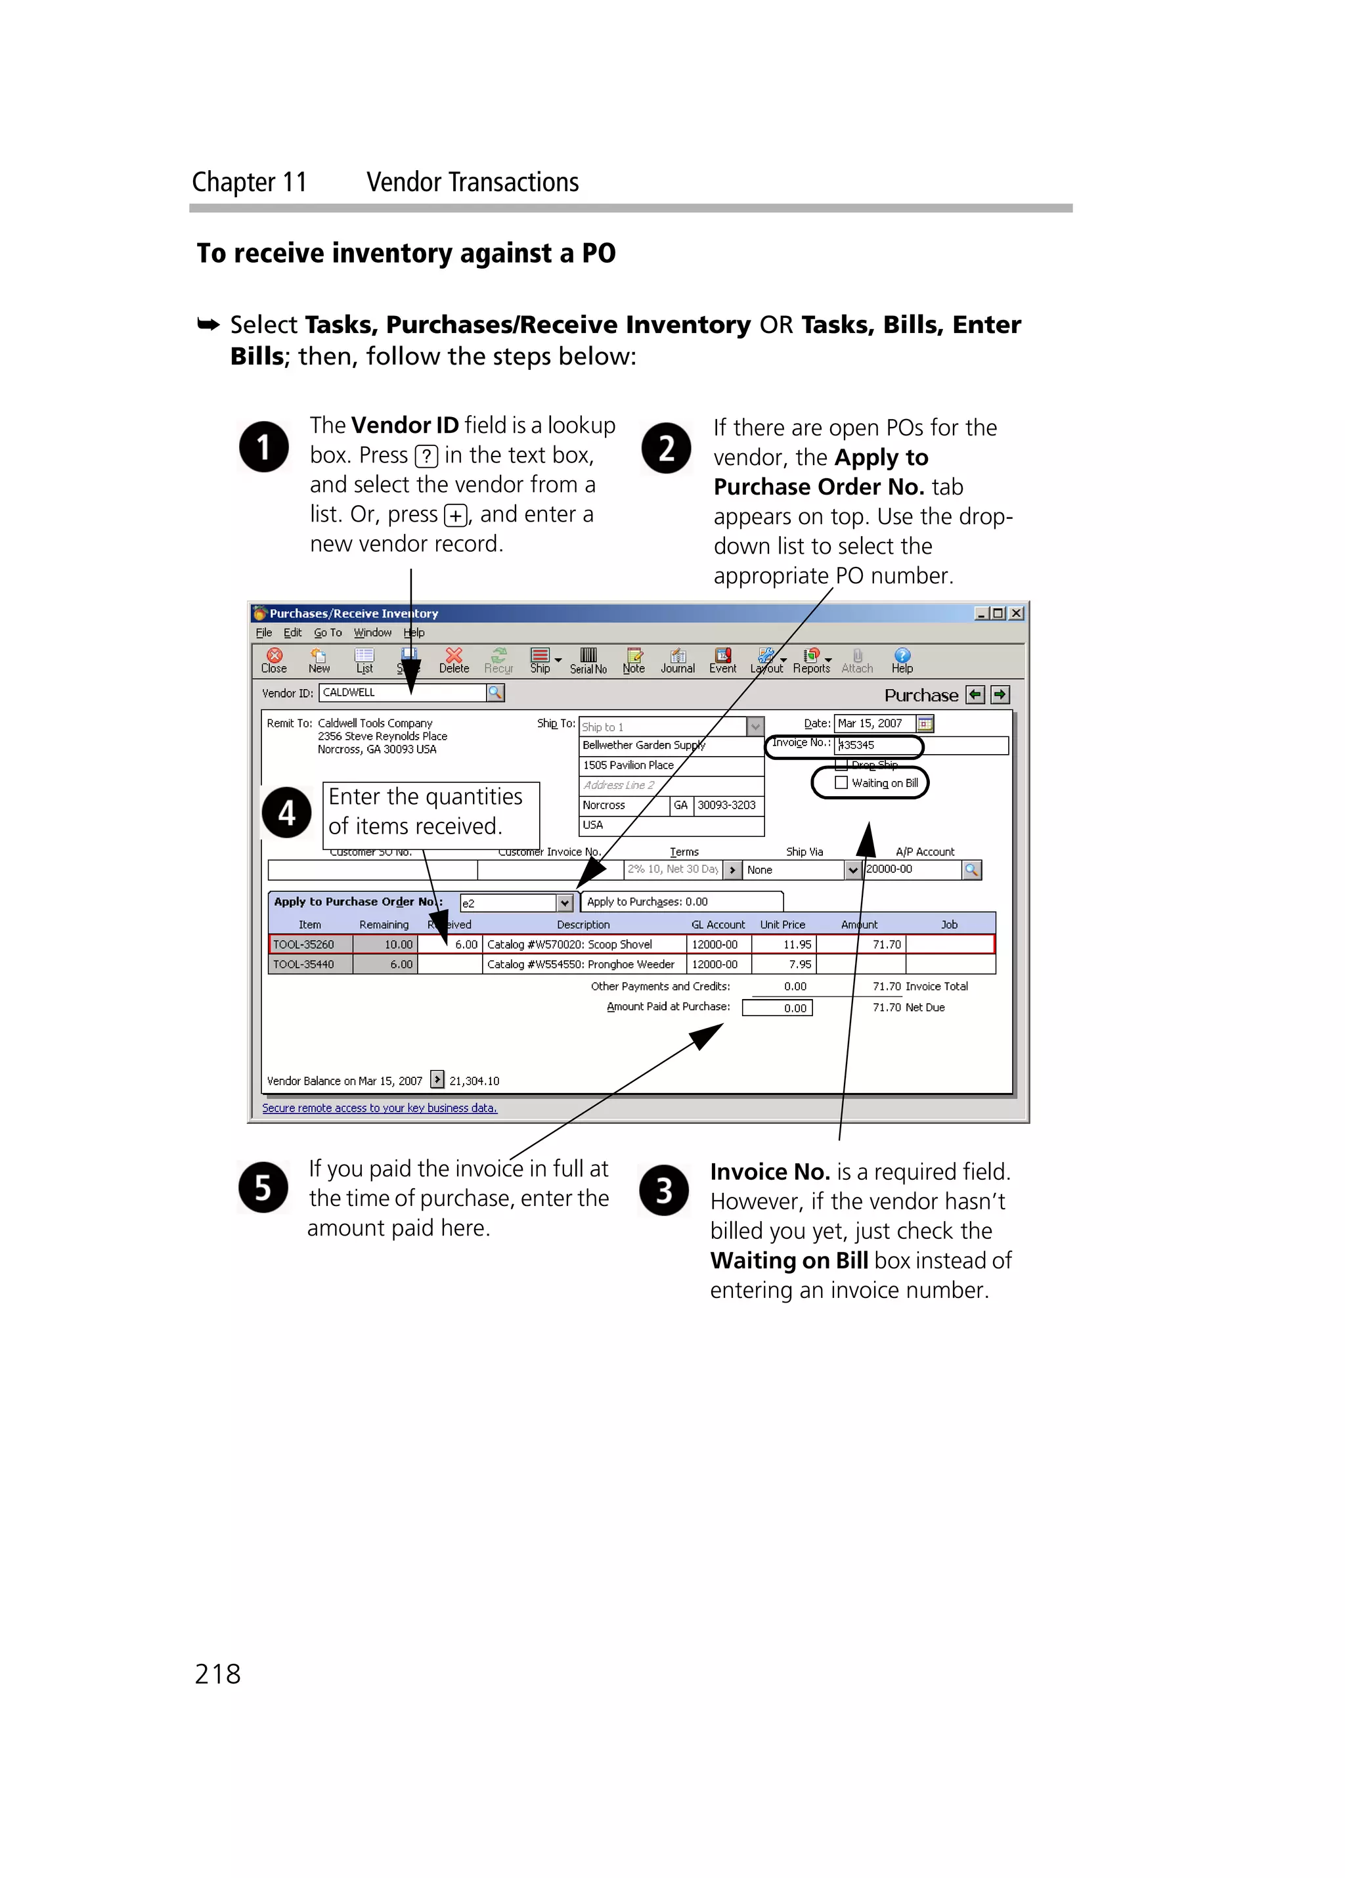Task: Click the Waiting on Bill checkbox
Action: (841, 782)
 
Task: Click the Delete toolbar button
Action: (454, 660)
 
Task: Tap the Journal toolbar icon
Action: (677, 660)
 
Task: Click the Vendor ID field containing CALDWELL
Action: (401, 692)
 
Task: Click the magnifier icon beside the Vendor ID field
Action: (496, 692)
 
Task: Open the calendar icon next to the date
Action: (925, 723)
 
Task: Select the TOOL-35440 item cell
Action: (311, 964)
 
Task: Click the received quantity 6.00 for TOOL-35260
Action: (451, 944)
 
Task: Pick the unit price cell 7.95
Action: (784, 964)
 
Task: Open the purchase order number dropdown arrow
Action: (565, 903)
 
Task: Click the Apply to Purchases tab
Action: (681, 902)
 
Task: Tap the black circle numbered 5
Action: (263, 1188)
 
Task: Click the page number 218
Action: (217, 1674)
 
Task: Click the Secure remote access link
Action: (379, 1108)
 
